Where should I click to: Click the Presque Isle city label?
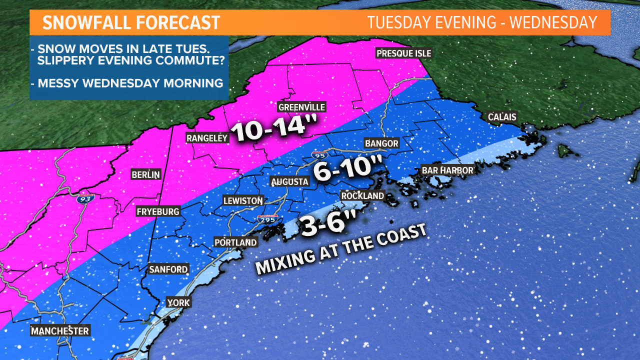403,53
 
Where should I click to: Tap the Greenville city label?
301,107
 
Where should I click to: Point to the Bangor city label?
381,143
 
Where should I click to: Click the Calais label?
501,117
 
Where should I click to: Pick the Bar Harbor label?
447,170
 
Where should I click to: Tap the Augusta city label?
289,181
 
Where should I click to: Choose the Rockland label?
362,195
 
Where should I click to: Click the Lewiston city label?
243,200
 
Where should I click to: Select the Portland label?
235,242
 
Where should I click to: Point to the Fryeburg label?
158,212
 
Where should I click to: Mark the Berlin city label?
145,174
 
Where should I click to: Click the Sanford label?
168,269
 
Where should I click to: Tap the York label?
178,303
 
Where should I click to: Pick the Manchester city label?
59,331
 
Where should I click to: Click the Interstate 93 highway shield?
84,198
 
